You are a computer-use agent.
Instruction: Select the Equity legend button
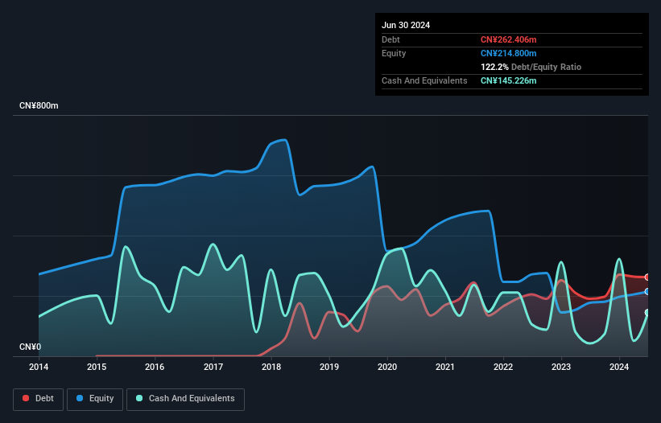tap(94, 398)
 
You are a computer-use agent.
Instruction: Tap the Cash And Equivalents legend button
tap(185, 398)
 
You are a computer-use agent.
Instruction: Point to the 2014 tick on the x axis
tap(39, 368)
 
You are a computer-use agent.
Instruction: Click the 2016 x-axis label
tap(155, 368)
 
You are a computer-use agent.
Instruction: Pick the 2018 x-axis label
tap(271, 368)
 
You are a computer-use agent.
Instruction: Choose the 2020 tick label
tap(387, 368)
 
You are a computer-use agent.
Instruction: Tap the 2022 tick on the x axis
tap(503, 368)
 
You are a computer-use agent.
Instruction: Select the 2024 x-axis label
tap(620, 368)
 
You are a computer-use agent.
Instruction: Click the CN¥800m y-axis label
tap(39, 106)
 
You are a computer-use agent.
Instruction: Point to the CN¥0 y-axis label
tap(31, 347)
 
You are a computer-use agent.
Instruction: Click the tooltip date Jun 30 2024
tap(406, 25)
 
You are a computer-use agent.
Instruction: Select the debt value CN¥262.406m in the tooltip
tap(508, 39)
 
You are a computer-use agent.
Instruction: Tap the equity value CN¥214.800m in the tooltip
tap(508, 53)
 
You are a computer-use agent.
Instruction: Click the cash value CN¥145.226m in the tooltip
tap(508, 80)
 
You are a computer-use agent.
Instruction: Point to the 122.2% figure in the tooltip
tap(495, 67)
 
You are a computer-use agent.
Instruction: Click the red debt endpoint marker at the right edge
tap(647, 277)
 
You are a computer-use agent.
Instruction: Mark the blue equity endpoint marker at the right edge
tap(647, 291)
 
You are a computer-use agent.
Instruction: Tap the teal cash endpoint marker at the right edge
tap(647, 313)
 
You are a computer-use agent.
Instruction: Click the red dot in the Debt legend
tap(27, 399)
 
